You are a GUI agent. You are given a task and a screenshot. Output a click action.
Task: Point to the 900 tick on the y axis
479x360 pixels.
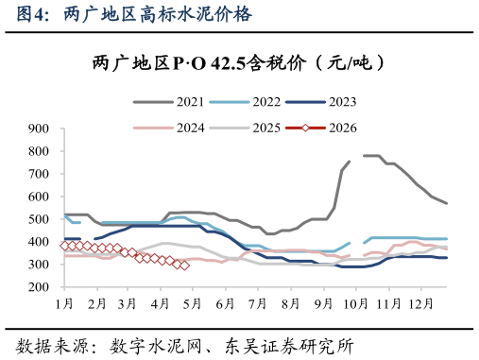[x=39, y=128]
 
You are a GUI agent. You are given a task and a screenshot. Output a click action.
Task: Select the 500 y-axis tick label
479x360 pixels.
[x=39, y=219]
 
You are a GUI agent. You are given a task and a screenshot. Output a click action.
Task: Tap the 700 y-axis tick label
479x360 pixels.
[x=39, y=174]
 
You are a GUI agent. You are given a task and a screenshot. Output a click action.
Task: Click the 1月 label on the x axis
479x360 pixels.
[x=64, y=304]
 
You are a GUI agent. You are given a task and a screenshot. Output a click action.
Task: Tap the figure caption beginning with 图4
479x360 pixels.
[x=134, y=13]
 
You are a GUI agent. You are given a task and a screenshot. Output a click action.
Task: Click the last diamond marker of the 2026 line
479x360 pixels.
[x=184, y=266]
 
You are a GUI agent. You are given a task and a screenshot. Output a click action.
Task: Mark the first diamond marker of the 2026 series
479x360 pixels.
[x=64, y=246]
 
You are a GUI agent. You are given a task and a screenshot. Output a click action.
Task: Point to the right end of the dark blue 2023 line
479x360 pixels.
[x=447, y=258]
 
